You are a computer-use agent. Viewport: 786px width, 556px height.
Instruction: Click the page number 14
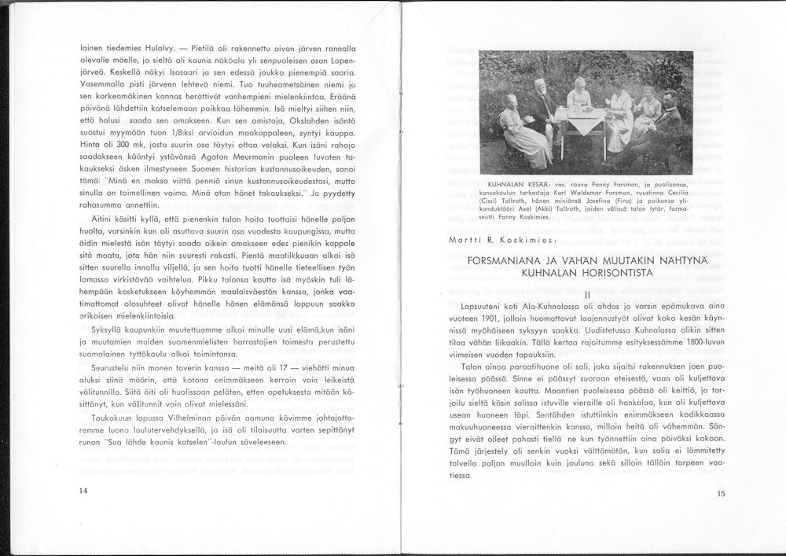point(83,490)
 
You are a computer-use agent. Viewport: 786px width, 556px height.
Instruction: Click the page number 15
point(722,494)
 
